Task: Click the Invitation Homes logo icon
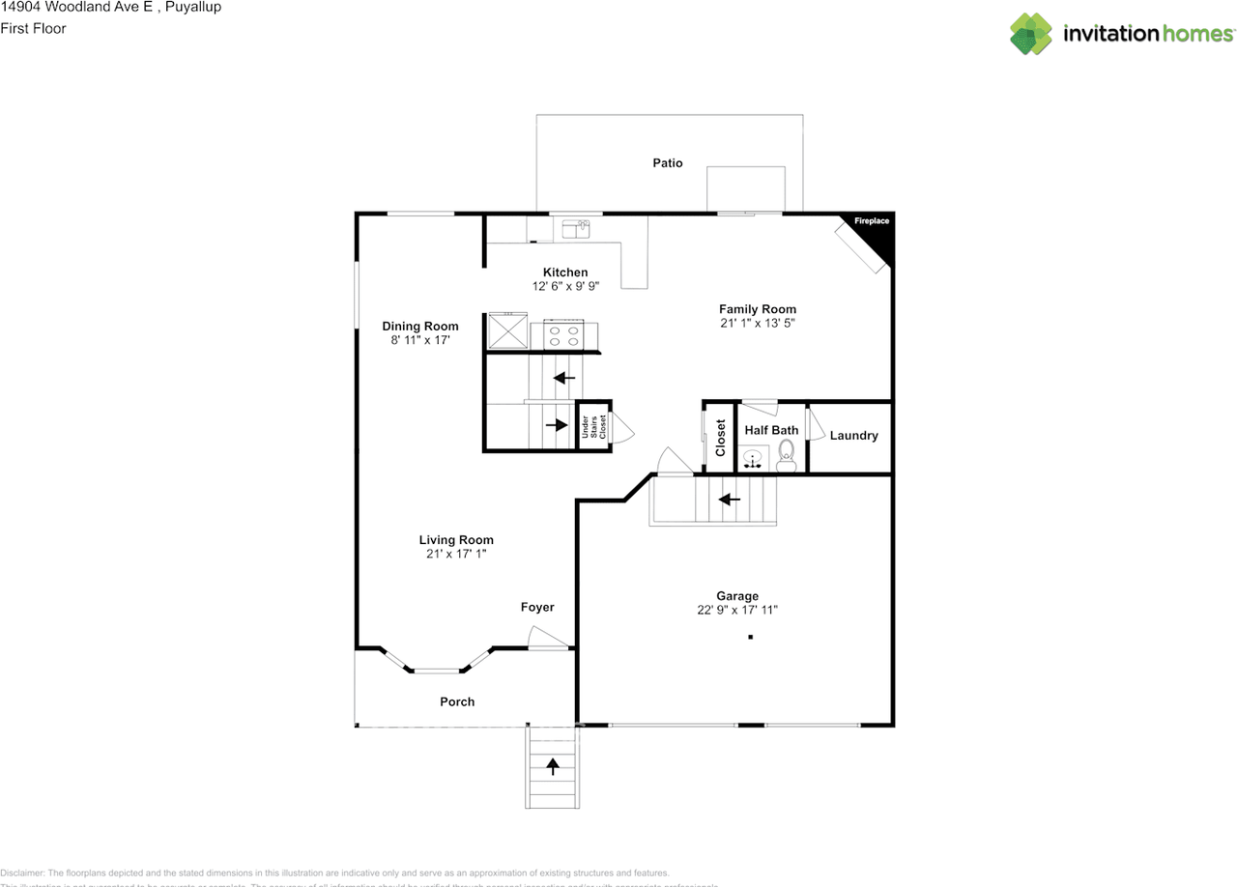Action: [1031, 34]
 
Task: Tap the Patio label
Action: [667, 162]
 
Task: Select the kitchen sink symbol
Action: [576, 228]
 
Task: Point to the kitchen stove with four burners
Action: [563, 334]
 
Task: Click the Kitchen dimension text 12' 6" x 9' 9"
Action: [565, 286]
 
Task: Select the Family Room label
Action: [757, 309]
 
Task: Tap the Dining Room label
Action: [419, 326]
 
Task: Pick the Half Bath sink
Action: [754, 458]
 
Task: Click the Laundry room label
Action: [853, 436]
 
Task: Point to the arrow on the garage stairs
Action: [729, 500]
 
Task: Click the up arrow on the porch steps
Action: [553, 766]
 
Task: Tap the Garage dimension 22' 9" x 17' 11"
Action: [737, 610]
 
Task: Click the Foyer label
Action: [537, 607]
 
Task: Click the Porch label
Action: [457, 701]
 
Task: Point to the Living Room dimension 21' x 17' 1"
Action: [456, 554]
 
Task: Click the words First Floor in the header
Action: [33, 28]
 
